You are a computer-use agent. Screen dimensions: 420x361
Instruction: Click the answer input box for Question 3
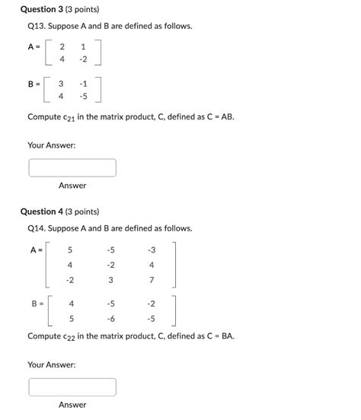(x=72, y=167)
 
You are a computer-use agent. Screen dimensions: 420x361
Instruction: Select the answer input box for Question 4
(x=72, y=387)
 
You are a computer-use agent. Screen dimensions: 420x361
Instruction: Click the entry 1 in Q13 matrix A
(x=83, y=46)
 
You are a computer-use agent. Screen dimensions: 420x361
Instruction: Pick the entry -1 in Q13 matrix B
(x=83, y=83)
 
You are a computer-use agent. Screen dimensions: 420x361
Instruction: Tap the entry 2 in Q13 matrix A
(x=62, y=46)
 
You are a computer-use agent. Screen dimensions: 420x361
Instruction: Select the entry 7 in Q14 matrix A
(x=152, y=280)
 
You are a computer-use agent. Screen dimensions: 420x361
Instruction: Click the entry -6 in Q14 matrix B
(x=111, y=319)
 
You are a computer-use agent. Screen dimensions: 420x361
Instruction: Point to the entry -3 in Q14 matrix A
(x=152, y=250)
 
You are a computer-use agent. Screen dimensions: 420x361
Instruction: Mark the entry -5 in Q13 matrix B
(x=83, y=97)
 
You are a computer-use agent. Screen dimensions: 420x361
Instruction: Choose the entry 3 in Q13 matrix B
(x=61, y=83)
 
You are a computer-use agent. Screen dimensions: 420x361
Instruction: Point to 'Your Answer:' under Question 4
(x=52, y=364)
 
